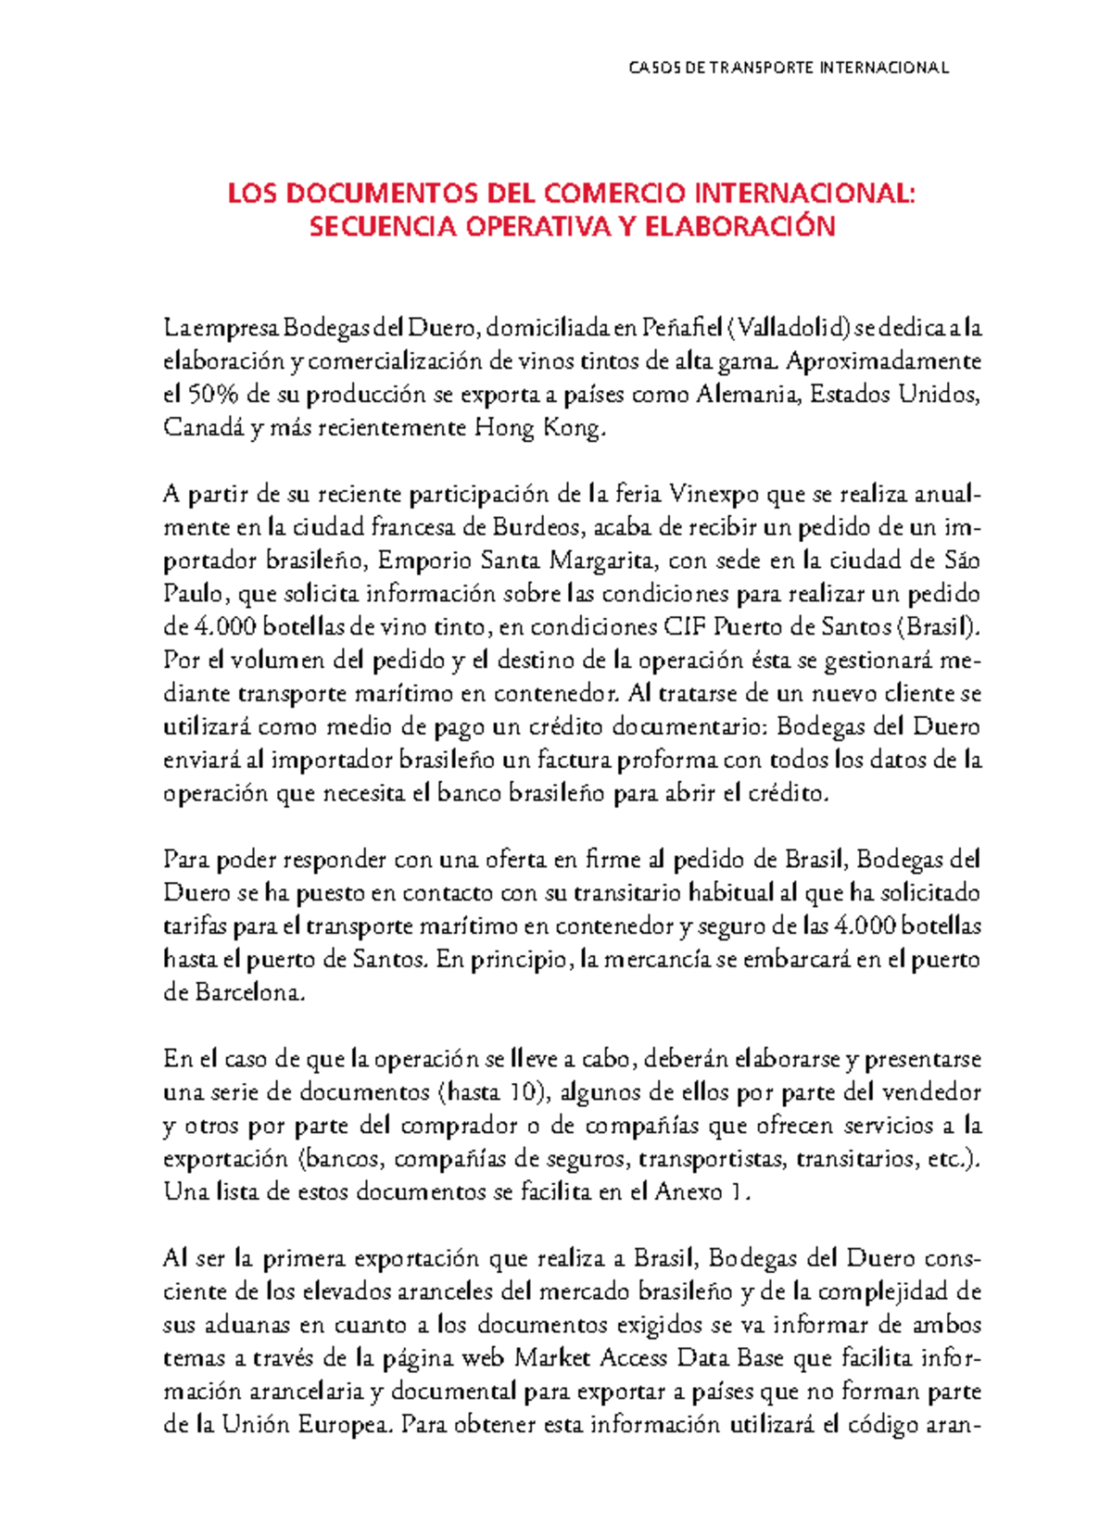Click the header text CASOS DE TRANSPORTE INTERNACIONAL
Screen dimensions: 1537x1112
789,68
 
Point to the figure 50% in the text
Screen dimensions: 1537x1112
213,395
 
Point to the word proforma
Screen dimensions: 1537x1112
667,760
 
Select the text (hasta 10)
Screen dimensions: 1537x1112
491,1092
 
